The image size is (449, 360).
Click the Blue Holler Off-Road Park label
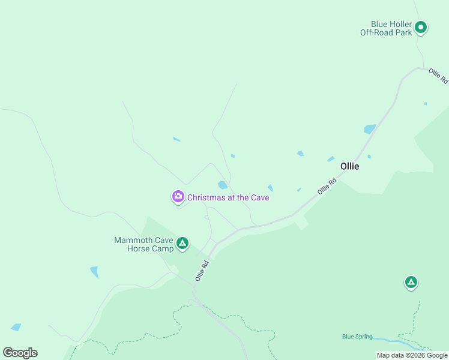386,28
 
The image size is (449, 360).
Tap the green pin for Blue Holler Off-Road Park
421,28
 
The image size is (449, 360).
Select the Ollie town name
349,166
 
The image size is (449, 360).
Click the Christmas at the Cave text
228,197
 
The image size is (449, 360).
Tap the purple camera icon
178,197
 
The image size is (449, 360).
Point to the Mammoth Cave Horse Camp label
143,244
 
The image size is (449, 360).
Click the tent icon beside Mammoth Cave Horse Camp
182,244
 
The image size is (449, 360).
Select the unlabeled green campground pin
411,282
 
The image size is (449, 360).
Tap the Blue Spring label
357,337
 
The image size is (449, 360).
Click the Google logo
20,353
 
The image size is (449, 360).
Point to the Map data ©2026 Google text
412,355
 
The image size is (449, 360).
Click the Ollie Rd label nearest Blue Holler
439,76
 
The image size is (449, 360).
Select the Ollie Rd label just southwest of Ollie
327,186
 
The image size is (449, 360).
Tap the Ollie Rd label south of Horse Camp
202,271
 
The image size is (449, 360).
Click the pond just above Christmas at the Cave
223,185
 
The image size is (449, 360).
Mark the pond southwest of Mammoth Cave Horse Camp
94,272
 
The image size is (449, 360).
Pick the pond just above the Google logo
16,328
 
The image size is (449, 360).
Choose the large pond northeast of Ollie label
370,129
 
